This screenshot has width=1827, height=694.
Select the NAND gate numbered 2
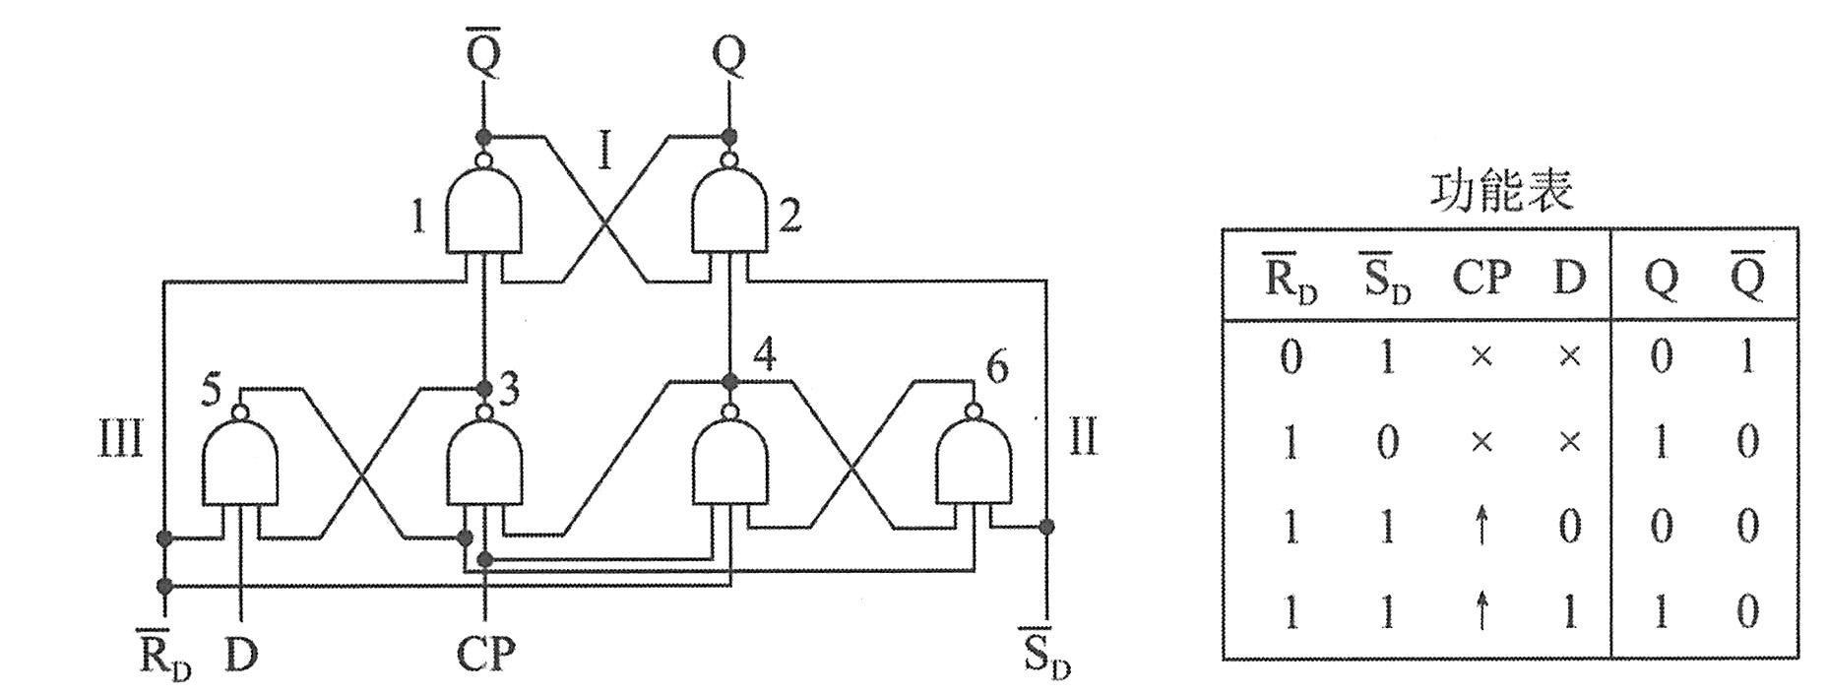(729, 211)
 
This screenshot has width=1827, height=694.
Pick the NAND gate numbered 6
(973, 463)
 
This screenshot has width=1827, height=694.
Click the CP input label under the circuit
(485, 654)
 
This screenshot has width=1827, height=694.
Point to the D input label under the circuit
(241, 654)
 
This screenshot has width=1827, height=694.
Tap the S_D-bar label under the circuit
(1045, 654)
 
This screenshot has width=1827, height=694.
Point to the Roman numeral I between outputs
(605, 153)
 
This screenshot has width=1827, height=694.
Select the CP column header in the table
(1480, 279)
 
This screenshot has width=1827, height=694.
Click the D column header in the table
(1570, 279)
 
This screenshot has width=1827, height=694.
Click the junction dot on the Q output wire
(729, 136)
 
